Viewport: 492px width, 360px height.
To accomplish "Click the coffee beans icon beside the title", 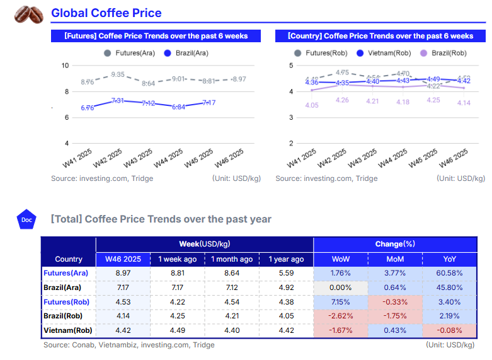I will [29, 14].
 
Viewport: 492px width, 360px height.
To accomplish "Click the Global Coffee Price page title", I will [106, 13].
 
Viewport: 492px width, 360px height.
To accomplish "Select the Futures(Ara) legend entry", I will [130, 53].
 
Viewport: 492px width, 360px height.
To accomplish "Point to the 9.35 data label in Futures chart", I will [118, 74].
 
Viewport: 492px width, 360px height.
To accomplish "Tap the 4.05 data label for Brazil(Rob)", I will [311, 105].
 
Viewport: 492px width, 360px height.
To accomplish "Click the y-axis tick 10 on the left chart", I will [65, 66].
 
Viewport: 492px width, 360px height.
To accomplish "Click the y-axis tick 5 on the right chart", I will [291, 66].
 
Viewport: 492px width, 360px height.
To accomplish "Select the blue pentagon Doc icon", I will [26, 219].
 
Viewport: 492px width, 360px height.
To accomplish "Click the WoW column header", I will [340, 259].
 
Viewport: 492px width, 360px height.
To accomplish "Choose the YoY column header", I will [449, 259].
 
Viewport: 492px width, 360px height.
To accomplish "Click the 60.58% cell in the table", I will [449, 273].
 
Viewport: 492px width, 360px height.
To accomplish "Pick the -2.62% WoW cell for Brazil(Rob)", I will [340, 316].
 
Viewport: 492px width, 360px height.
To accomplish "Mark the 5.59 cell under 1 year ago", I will [286, 273].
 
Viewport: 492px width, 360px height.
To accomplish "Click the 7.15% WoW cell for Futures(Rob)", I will [340, 301].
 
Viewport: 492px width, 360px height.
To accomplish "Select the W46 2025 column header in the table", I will [123, 259].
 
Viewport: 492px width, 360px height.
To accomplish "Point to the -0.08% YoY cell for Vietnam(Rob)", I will [449, 330].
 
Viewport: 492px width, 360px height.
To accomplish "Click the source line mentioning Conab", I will [129, 345].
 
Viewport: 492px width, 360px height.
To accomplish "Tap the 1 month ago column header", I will [232, 259].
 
